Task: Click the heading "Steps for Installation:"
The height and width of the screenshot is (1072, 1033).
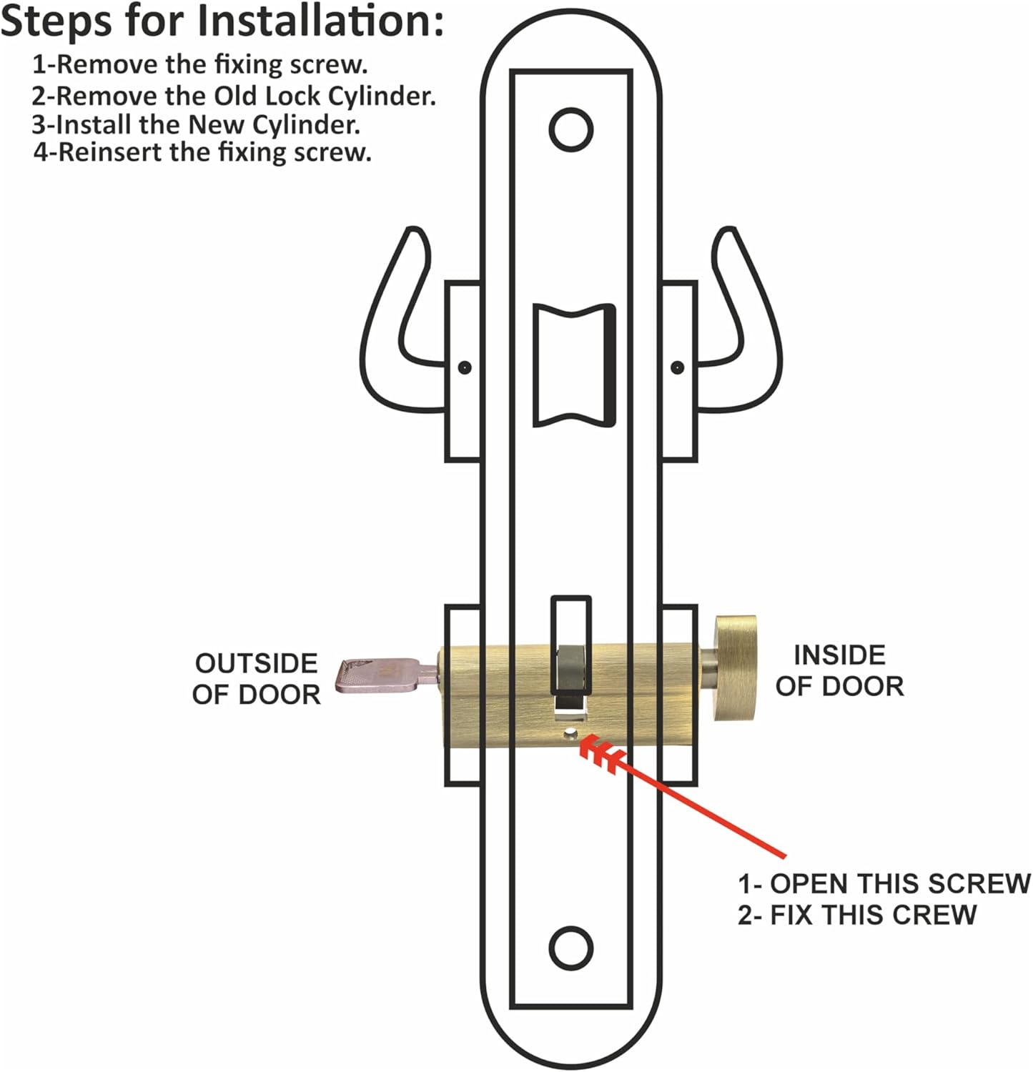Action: click(222, 21)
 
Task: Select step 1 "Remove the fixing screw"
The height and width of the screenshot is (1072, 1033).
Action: click(200, 64)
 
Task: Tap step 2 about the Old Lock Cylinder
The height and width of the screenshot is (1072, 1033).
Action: click(233, 95)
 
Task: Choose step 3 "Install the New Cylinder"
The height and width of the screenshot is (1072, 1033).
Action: click(195, 124)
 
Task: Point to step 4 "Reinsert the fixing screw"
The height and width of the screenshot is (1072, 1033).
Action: click(202, 152)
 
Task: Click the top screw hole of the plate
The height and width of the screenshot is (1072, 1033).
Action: click(571, 130)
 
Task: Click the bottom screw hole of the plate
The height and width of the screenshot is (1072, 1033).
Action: click(571, 948)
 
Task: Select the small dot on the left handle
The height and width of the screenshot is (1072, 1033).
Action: click(465, 367)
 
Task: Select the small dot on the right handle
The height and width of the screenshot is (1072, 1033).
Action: click(677, 367)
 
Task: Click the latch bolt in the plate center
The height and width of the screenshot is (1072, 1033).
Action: click(574, 366)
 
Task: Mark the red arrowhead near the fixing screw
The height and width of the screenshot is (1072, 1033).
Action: click(600, 754)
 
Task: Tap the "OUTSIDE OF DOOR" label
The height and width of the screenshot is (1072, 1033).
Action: click(256, 679)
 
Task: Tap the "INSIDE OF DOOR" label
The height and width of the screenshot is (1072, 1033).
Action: click(839, 670)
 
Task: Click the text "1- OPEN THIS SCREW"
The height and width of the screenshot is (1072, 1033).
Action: click(884, 883)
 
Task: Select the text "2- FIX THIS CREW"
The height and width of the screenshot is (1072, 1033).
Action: click(856, 915)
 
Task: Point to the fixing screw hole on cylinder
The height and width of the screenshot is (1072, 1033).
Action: click(571, 733)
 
